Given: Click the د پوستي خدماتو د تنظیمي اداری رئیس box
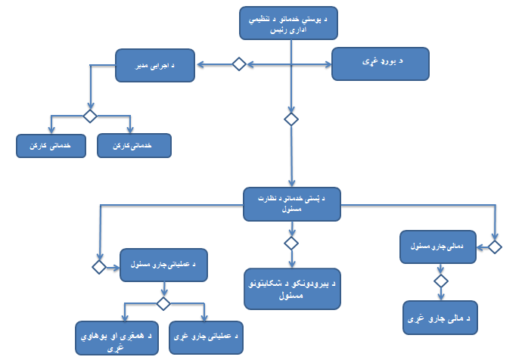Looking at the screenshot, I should [x=288, y=23].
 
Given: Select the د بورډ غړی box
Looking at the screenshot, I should [x=381, y=64].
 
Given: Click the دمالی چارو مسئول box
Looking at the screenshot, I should [x=442, y=247].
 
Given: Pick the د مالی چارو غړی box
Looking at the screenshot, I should [x=443, y=318].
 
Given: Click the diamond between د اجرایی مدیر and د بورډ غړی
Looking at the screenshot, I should [x=238, y=64].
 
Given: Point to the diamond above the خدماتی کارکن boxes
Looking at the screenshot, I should [x=90, y=116].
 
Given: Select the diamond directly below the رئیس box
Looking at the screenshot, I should [x=291, y=119].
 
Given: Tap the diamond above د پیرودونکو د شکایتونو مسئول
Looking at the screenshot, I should [x=291, y=243].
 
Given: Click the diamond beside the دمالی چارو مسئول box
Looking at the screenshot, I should [x=495, y=247].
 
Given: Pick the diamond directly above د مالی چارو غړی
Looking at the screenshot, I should [x=443, y=281].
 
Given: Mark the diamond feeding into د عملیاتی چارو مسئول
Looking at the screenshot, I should [x=99, y=267].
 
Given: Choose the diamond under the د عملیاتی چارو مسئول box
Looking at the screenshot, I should [x=162, y=303].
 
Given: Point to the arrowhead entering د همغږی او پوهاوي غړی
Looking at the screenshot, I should [x=126, y=319].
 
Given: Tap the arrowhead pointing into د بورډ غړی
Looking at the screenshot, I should [x=329, y=64].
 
